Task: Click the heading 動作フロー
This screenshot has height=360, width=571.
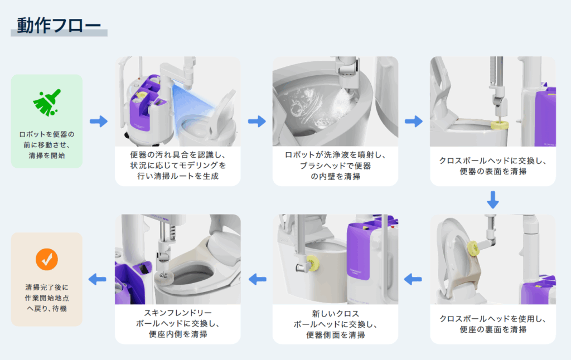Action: point(59,26)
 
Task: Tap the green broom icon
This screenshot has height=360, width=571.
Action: point(47,103)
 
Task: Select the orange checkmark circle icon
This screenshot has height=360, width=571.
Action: point(47,259)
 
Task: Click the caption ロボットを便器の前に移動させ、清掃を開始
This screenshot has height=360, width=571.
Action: point(47,145)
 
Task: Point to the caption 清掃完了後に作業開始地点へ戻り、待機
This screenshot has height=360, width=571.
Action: point(47,298)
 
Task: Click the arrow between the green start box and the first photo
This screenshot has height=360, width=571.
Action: point(99,121)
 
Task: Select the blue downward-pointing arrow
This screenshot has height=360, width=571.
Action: point(493,200)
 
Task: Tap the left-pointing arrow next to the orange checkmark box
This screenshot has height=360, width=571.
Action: point(97,279)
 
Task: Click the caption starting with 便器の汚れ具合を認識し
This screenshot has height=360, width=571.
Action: point(178,166)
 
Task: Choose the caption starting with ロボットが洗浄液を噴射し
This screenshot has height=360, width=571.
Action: point(335,166)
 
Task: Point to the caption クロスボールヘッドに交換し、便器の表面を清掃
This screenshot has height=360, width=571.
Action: point(493,166)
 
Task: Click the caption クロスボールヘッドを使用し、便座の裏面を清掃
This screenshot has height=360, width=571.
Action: point(493,324)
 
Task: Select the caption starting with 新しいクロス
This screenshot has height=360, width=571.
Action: point(335,324)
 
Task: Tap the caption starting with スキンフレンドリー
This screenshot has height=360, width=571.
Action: point(178,323)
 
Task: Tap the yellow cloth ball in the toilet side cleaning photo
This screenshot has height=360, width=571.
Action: point(312,263)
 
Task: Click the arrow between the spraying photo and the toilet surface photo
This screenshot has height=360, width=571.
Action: point(413,121)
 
